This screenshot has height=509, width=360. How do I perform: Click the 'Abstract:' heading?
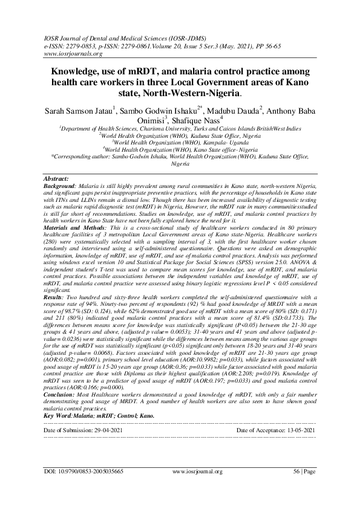(x=59, y=180)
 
